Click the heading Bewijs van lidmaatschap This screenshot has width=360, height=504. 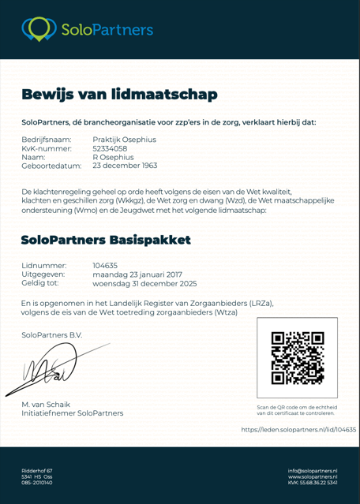tap(119, 95)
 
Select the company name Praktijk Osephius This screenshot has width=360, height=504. tap(124, 139)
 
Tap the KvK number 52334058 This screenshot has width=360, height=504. tap(111, 147)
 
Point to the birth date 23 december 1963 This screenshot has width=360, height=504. tap(125, 166)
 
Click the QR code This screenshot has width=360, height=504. tap(297, 358)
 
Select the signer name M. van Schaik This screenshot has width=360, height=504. tap(47, 404)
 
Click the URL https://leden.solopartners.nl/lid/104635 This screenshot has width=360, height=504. tap(298, 429)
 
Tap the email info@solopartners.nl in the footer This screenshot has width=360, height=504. tap(313, 470)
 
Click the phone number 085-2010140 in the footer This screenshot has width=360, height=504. tap(37, 482)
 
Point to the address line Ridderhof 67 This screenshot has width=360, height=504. tap(37, 470)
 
